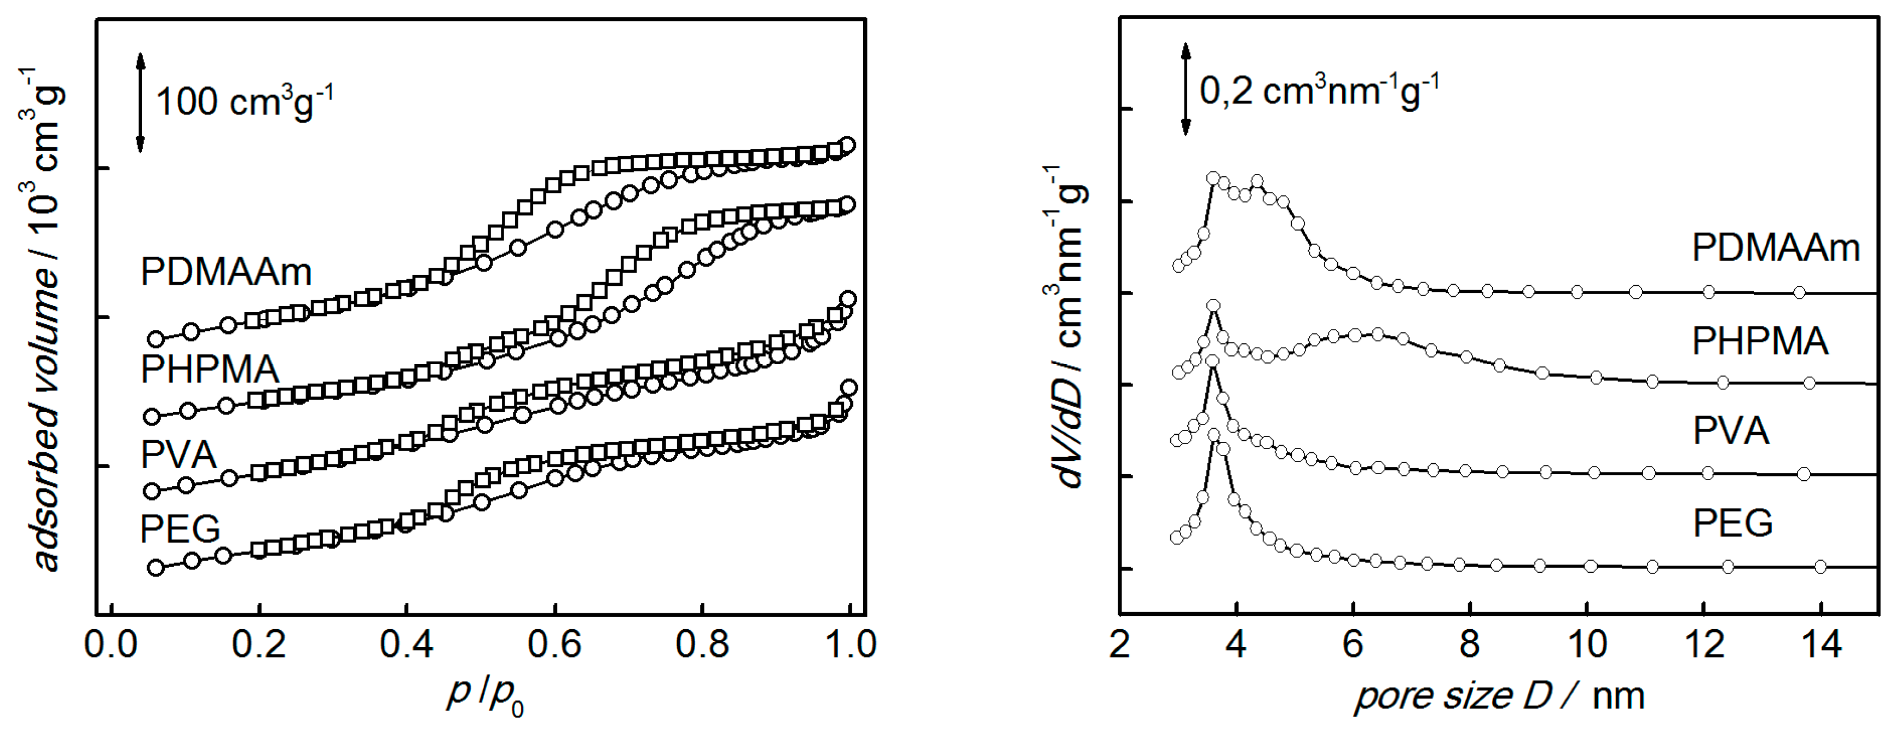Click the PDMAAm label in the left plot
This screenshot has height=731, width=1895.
tap(226, 272)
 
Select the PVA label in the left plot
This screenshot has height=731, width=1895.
tap(179, 454)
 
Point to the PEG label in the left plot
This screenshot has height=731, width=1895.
tap(180, 528)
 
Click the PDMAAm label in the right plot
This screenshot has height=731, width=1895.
tap(1775, 248)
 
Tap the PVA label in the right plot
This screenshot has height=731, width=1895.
tap(1730, 430)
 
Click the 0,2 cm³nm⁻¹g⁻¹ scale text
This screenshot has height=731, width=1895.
tap(1318, 92)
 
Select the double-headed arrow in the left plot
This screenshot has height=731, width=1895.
tap(141, 102)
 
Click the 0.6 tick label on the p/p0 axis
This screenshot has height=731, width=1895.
tap(554, 646)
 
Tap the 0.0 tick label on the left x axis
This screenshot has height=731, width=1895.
tap(111, 646)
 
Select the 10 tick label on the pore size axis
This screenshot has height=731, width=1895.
tap(1587, 646)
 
